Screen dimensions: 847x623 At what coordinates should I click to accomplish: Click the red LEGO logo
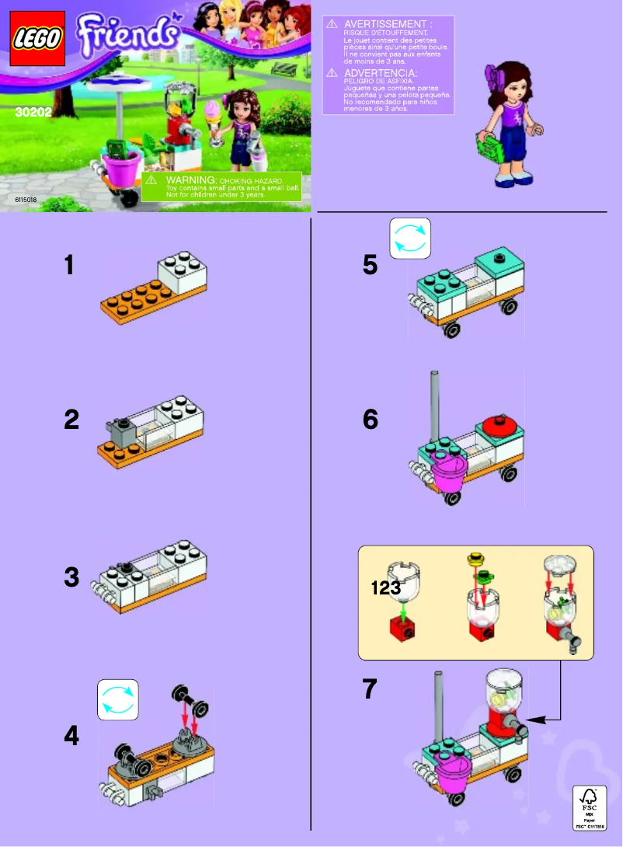point(37,38)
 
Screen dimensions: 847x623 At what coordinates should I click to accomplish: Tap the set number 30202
point(30,111)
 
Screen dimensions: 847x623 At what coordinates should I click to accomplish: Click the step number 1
point(70,266)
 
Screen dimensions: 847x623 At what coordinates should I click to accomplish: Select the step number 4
point(71,735)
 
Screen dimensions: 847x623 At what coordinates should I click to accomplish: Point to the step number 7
point(371,688)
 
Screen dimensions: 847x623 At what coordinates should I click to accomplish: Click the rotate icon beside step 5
point(409,238)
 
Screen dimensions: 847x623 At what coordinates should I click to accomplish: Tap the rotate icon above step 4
point(118,699)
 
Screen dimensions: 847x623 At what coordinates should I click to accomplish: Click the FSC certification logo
point(589,809)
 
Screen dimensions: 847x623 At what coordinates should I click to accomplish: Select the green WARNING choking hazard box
point(221,186)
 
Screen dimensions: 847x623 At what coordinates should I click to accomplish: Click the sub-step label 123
point(386,588)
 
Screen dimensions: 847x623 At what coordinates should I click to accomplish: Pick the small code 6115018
point(26,200)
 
